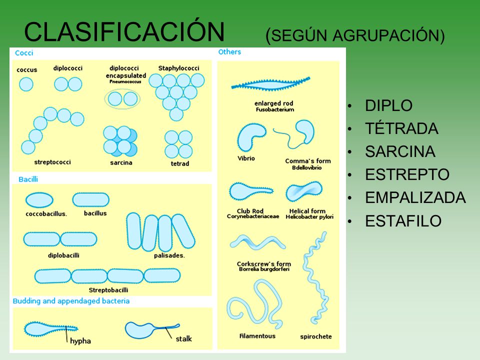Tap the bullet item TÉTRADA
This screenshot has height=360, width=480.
pyautogui.click(x=401, y=128)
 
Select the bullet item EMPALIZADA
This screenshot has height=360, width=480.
pyautogui.click(x=415, y=197)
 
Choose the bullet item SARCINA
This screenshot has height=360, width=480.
pyautogui.click(x=400, y=151)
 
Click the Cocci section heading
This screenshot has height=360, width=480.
pyautogui.click(x=24, y=52)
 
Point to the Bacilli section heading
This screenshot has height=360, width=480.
pyautogui.click(x=28, y=179)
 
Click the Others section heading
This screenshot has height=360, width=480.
pyautogui.click(x=229, y=51)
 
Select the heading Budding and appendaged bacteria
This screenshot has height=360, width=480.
pyautogui.click(x=71, y=301)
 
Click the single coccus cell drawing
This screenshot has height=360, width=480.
pyautogui.click(x=26, y=84)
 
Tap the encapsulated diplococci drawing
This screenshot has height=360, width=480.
pyautogui.click(x=122, y=99)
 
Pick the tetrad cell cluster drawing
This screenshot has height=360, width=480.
pyautogui.click(x=178, y=144)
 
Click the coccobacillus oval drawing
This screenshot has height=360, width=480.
pyautogui.click(x=39, y=200)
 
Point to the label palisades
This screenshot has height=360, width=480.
pyautogui.click(x=169, y=255)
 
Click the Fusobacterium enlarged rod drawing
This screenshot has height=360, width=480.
pyautogui.click(x=270, y=84)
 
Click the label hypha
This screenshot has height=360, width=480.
pyautogui.click(x=80, y=341)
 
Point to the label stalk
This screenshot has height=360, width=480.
pyautogui.click(x=183, y=339)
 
